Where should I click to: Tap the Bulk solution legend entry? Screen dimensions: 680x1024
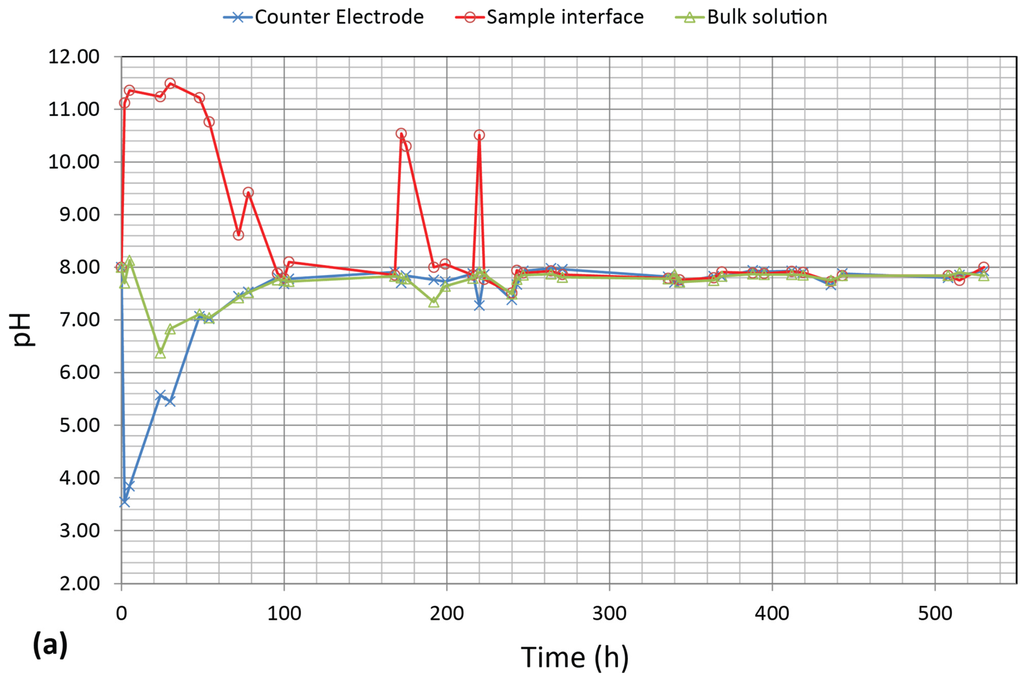(760, 17)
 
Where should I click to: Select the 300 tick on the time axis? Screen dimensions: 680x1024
(609, 610)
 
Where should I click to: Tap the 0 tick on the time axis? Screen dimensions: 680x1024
(121, 610)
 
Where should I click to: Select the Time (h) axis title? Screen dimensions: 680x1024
(575, 656)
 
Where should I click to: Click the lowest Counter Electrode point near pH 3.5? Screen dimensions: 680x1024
(124, 501)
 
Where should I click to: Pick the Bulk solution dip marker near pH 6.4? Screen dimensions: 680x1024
(160, 353)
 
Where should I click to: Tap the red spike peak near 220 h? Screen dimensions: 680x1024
(479, 135)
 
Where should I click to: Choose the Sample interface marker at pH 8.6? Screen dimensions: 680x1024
(238, 235)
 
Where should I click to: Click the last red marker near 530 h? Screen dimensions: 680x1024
(984, 267)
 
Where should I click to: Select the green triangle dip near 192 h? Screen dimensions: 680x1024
(434, 301)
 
